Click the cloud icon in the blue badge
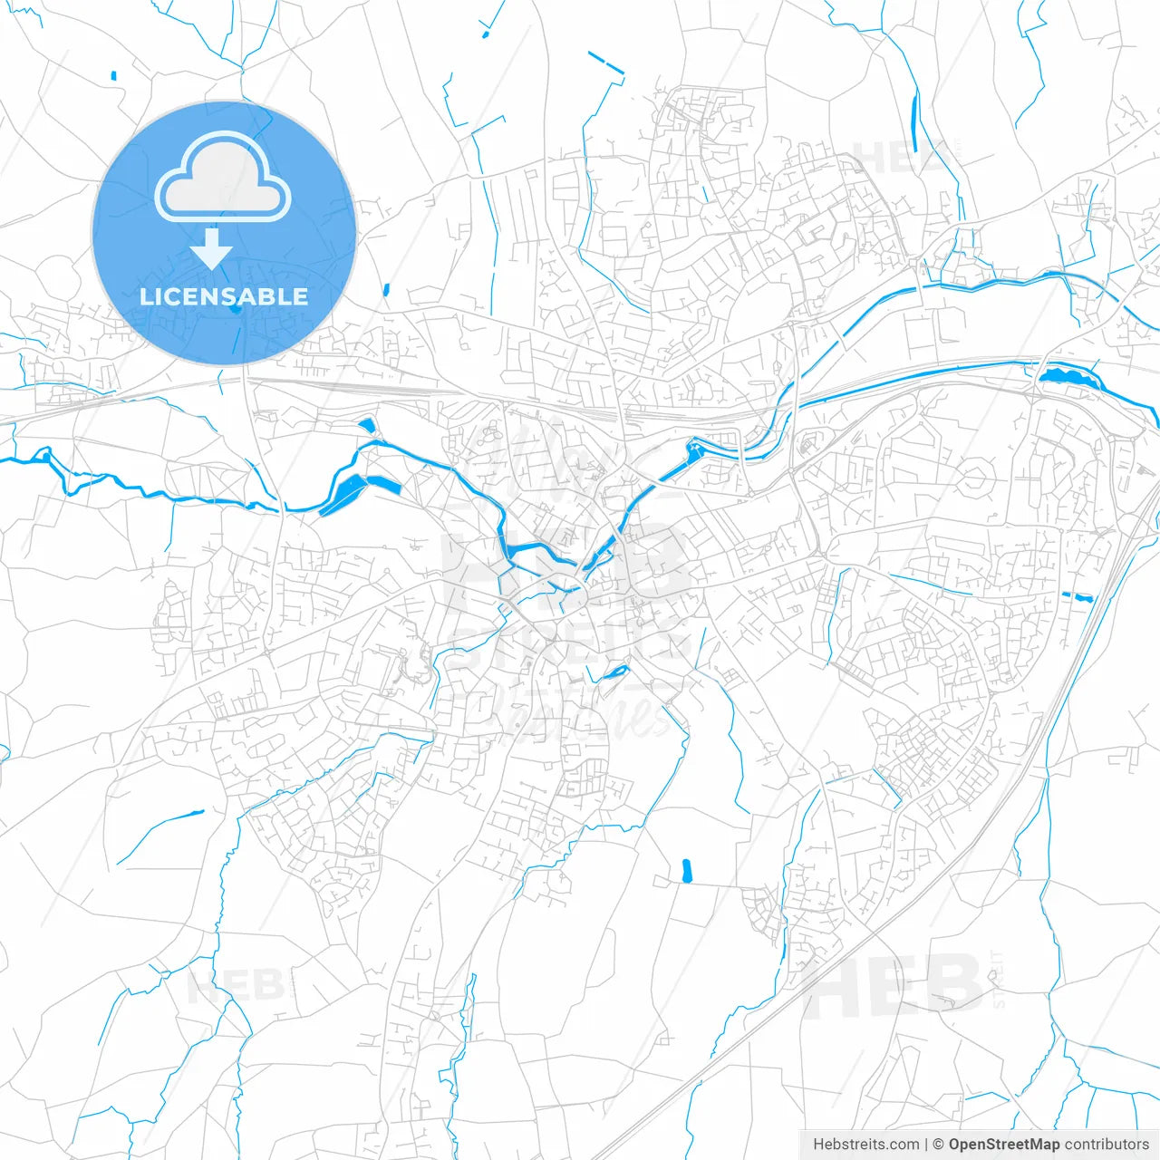(x=223, y=176)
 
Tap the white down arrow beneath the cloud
(x=212, y=249)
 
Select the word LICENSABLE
(x=224, y=296)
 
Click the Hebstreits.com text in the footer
(x=866, y=1145)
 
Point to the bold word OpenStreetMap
(x=1004, y=1145)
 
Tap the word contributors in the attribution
(x=1107, y=1145)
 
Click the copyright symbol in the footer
(x=939, y=1145)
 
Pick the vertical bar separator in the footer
(x=926, y=1145)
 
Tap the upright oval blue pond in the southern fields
(x=686, y=871)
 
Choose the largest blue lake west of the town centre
(x=346, y=492)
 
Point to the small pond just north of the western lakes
(x=366, y=424)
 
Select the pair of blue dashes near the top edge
(x=605, y=63)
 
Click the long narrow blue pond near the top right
(x=914, y=122)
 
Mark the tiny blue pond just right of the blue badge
(x=386, y=290)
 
